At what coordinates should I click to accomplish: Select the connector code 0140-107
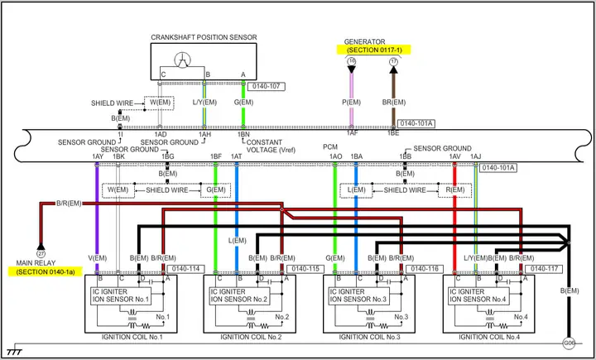266,86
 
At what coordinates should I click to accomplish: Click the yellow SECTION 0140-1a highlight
46,271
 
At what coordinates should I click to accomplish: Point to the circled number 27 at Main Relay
41,253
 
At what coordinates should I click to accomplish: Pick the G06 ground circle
569,343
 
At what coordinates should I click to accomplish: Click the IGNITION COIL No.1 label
132,338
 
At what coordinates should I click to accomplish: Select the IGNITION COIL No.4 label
488,338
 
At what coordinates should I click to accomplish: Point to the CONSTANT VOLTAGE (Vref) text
271,146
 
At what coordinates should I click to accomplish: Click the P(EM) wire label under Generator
351,102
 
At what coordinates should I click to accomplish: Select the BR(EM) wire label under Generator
393,102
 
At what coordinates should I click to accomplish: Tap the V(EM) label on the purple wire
98,258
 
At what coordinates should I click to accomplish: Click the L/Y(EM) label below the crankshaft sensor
204,102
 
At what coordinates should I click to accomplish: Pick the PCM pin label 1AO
335,156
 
